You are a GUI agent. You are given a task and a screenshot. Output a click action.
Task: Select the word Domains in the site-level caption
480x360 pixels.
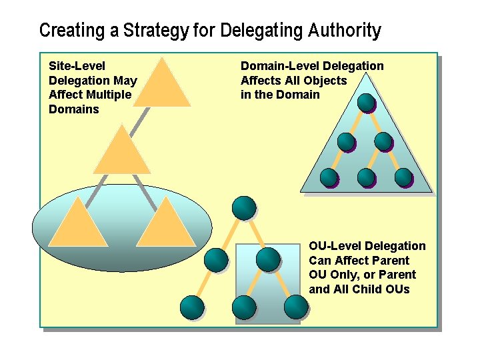tap(73, 109)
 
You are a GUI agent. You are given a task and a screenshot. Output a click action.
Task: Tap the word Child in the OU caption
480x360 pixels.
tap(371, 289)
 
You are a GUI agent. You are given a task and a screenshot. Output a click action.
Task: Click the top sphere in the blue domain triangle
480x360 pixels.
tap(366, 103)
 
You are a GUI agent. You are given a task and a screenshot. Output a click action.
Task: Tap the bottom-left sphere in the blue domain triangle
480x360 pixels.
tap(329, 177)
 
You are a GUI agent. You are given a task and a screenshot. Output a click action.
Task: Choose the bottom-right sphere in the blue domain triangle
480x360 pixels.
tap(403, 177)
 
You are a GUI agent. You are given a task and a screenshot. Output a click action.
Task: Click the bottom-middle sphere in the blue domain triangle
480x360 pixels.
tap(366, 177)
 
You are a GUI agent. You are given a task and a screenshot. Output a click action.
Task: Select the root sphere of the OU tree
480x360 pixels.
tap(244, 207)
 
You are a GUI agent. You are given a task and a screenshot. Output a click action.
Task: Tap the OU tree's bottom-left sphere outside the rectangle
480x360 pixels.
tap(192, 307)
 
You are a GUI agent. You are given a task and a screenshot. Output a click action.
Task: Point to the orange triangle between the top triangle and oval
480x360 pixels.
tap(121, 152)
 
